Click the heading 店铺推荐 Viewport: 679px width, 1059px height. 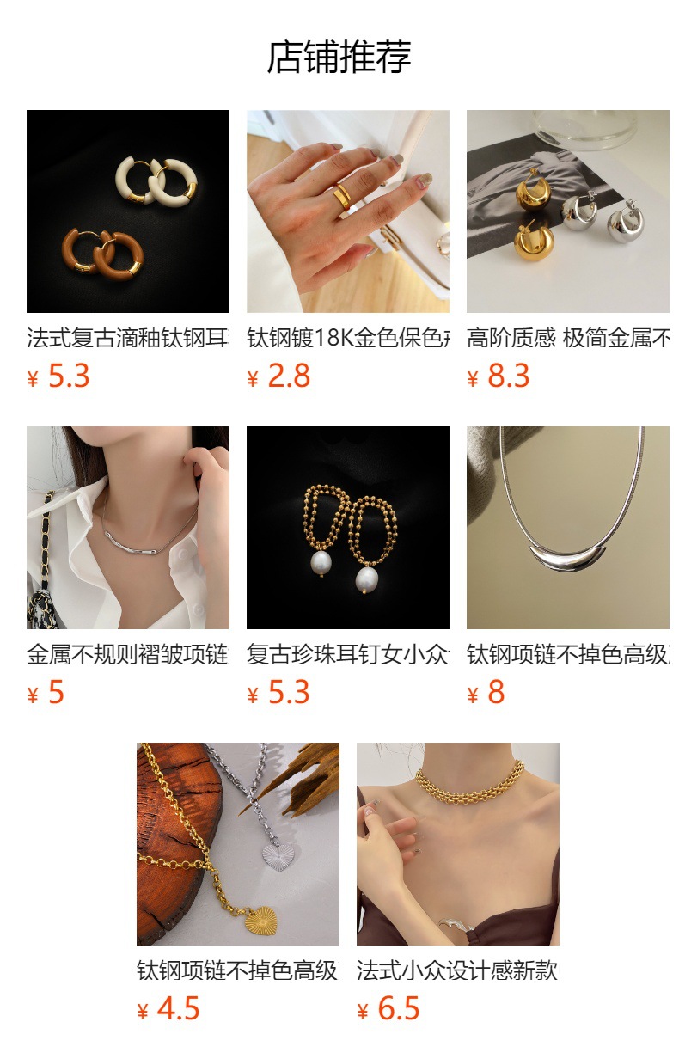tap(339, 58)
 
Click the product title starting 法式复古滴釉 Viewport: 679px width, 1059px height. tap(127, 338)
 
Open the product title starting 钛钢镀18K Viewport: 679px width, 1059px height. tap(347, 338)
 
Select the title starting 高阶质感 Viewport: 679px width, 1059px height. tap(567, 338)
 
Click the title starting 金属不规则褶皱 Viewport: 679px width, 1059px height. tap(127, 654)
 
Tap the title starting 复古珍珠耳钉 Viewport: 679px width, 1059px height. tap(347, 654)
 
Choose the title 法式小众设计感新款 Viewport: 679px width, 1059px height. tap(457, 970)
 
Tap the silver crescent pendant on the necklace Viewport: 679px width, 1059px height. tap(567, 562)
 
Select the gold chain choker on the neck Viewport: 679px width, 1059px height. tap(469, 782)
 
